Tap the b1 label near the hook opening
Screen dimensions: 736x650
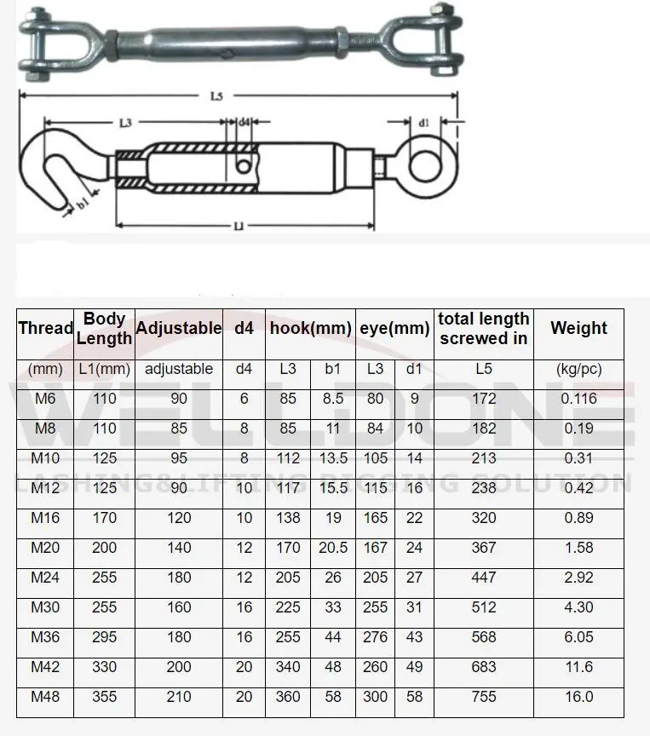(x=83, y=204)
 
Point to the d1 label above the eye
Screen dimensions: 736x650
(x=423, y=123)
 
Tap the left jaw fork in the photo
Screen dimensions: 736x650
(x=38, y=39)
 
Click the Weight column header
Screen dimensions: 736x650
(x=578, y=329)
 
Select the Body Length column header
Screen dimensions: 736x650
(x=105, y=329)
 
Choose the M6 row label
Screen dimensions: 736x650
(x=45, y=399)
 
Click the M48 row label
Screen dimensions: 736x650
(x=45, y=697)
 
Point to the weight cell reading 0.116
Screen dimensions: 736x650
(x=578, y=399)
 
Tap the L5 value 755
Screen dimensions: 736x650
(x=484, y=697)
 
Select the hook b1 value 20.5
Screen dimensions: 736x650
(x=333, y=548)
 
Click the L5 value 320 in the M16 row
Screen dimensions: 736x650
(x=484, y=518)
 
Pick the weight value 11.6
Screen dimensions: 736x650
(x=578, y=667)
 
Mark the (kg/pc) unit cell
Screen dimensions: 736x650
(x=578, y=369)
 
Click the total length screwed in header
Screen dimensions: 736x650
(x=484, y=329)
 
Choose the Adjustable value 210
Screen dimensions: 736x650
(x=179, y=697)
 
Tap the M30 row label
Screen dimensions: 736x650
(x=45, y=607)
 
